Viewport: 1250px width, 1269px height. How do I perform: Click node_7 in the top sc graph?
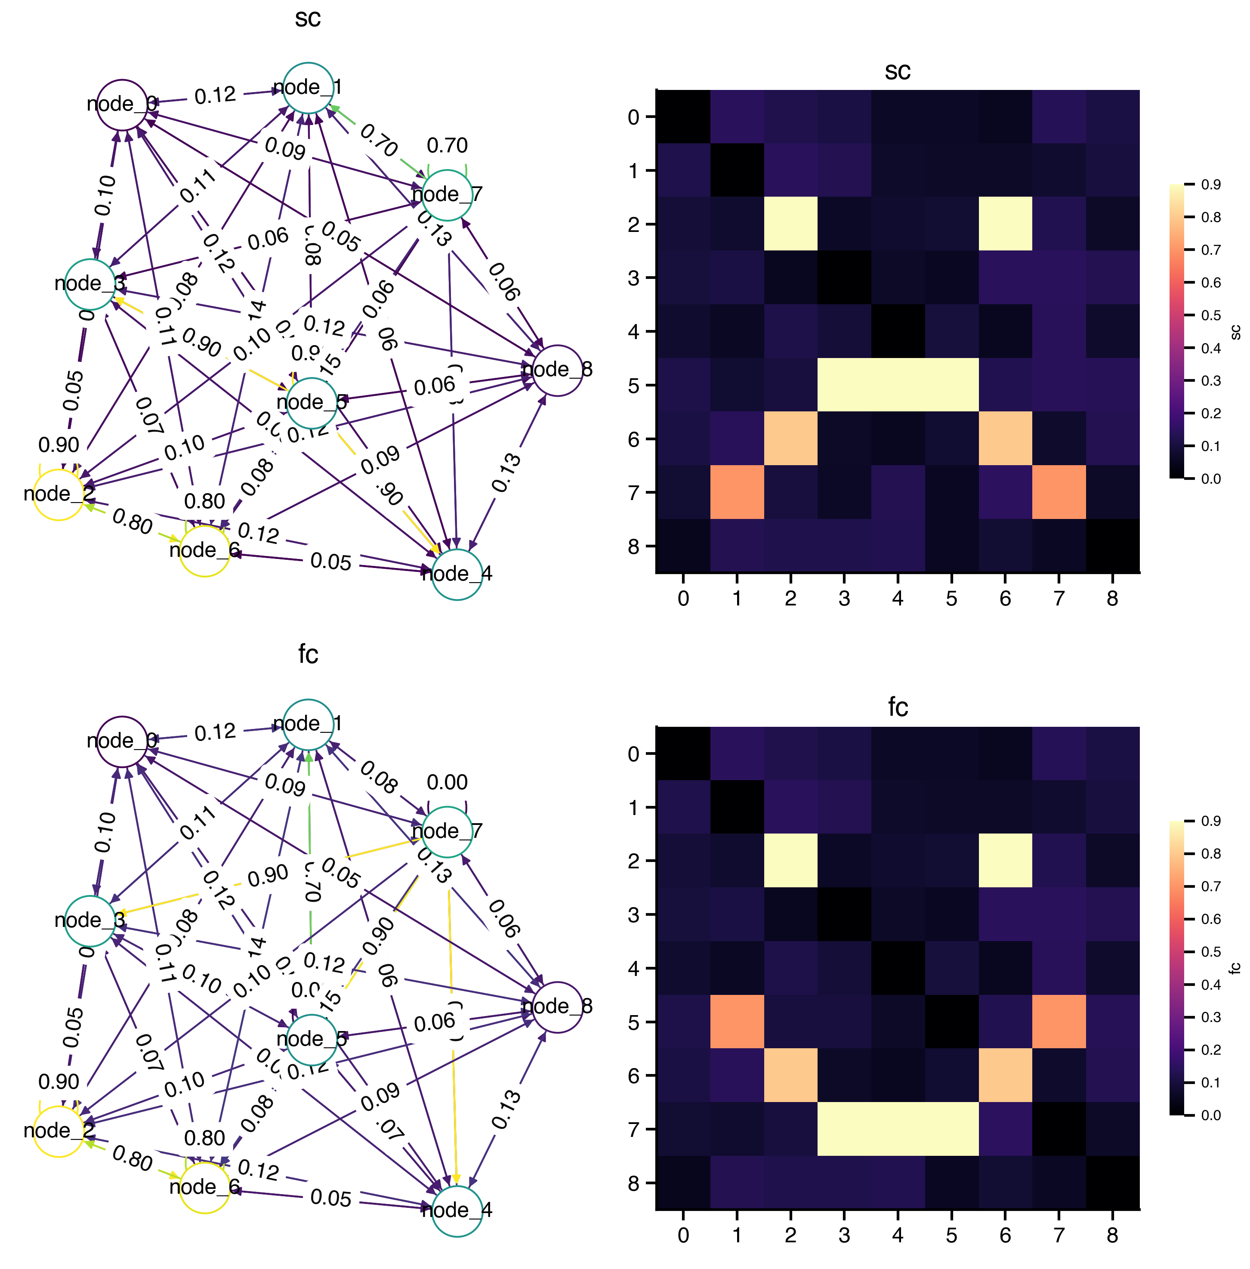pos(447,195)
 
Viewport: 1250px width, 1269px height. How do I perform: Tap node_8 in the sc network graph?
pos(557,370)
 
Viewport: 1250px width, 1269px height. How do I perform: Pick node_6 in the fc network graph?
pos(204,1187)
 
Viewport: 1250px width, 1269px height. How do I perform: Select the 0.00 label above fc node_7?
pos(447,782)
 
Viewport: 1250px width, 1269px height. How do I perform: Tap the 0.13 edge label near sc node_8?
pos(506,472)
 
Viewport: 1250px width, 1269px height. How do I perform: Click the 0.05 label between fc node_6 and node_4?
pos(331,1198)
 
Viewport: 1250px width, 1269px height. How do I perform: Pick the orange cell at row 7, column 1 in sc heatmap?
pos(737,492)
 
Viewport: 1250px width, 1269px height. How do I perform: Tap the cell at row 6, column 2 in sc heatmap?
pos(790,438)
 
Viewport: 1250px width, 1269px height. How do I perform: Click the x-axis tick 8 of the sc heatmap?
pos(1112,599)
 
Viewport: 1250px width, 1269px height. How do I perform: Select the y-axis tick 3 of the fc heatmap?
pos(633,914)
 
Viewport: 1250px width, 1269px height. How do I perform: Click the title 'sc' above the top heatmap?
pos(898,71)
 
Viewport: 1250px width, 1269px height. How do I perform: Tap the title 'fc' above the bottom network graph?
pos(308,654)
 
